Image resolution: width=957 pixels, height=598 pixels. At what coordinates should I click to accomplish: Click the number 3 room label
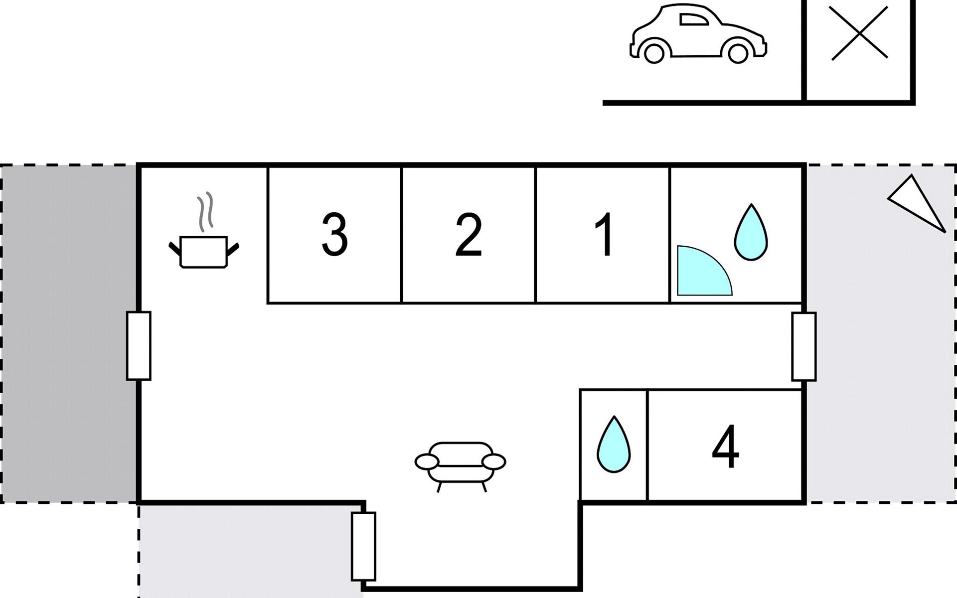pyautogui.click(x=334, y=235)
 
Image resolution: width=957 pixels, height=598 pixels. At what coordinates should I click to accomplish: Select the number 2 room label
pyautogui.click(x=469, y=235)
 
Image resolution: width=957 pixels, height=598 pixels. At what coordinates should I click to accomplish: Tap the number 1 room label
pyautogui.click(x=604, y=235)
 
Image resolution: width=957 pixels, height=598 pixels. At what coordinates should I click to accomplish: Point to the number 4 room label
pyautogui.click(x=725, y=447)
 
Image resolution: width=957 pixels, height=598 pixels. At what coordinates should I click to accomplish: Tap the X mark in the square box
pyautogui.click(x=860, y=33)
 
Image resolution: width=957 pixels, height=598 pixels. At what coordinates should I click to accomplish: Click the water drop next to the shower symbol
pyautogui.click(x=751, y=233)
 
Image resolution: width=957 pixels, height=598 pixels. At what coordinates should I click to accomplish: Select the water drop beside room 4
pyautogui.click(x=614, y=445)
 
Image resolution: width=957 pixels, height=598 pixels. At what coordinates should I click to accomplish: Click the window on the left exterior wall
pyautogui.click(x=139, y=345)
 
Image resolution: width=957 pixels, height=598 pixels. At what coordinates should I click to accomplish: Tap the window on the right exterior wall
pyautogui.click(x=803, y=346)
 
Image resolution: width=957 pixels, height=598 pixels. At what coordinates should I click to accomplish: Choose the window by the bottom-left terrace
pyautogui.click(x=363, y=546)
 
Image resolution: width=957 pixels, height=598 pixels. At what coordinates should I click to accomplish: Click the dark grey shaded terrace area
pyautogui.click(x=68, y=333)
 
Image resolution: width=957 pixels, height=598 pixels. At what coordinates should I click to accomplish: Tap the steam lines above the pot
pyautogui.click(x=205, y=212)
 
